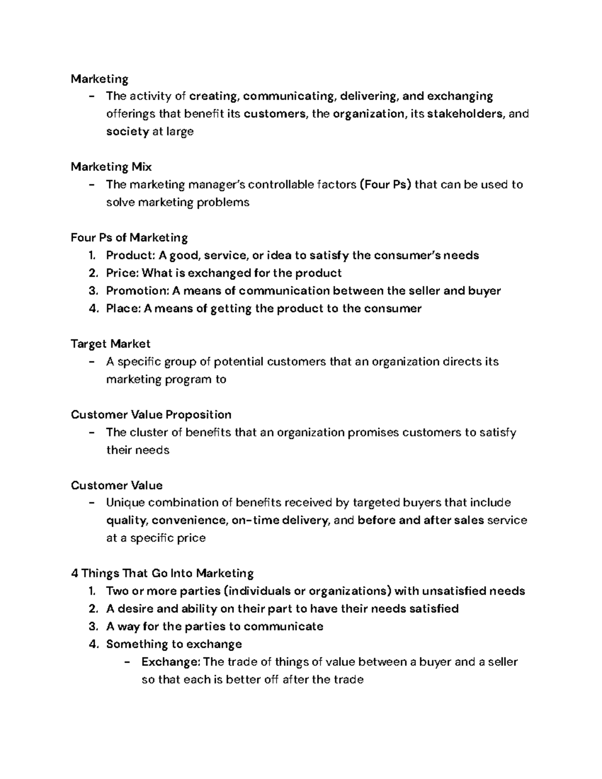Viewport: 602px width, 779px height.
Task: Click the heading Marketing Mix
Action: coord(111,167)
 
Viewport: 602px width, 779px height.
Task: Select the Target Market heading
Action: coord(110,344)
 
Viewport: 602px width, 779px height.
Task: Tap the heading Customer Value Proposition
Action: coord(151,414)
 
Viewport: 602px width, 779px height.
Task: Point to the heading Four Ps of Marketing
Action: coord(129,237)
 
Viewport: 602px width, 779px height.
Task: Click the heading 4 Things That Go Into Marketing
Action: coord(162,573)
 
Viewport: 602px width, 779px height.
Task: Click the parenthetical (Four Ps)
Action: coord(385,185)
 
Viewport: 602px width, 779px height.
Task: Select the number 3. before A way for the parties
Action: coord(92,627)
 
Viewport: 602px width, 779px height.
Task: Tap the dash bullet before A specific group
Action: coord(91,362)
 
